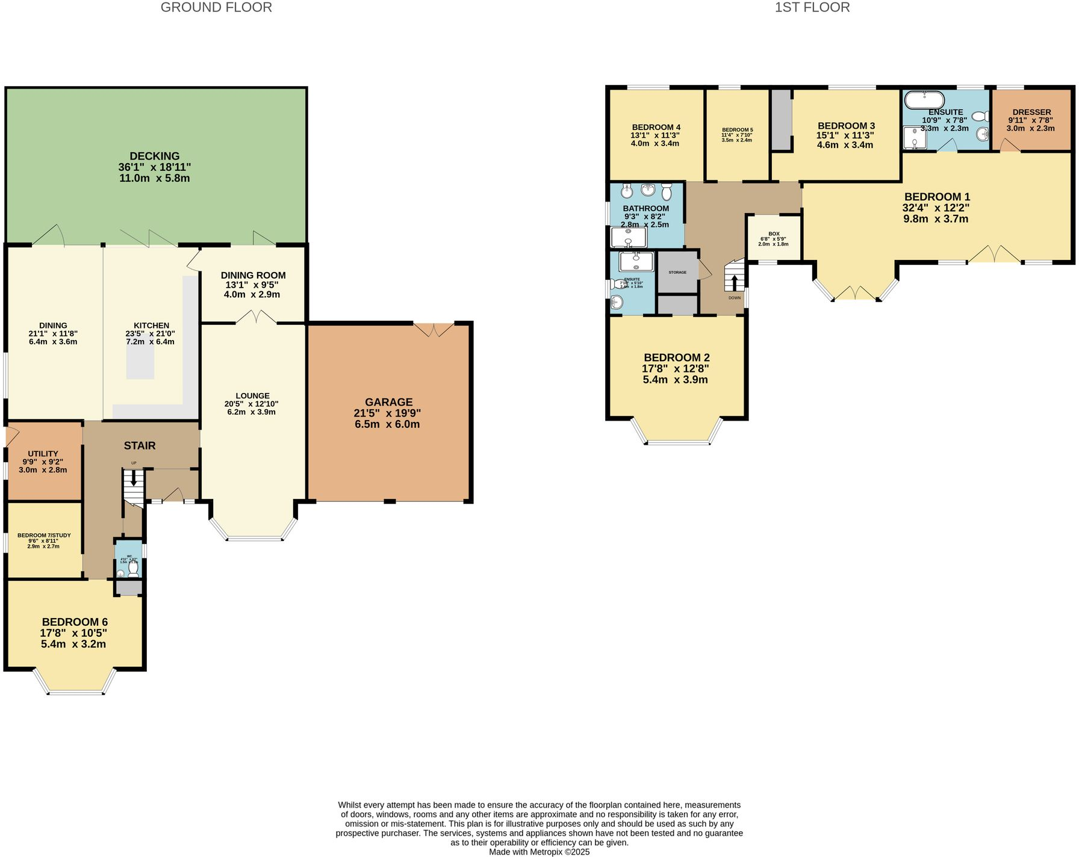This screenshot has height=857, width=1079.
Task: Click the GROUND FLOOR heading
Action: pyautogui.click(x=216, y=8)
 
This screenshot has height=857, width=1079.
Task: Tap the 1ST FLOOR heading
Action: pyautogui.click(x=812, y=8)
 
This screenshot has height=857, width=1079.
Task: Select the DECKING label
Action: pyautogui.click(x=155, y=156)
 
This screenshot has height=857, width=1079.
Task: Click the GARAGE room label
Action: pyautogui.click(x=388, y=402)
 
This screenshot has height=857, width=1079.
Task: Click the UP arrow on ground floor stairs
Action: pyautogui.click(x=133, y=479)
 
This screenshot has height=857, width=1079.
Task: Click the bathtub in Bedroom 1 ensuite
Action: pyautogui.click(x=925, y=99)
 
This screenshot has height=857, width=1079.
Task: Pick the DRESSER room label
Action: pyautogui.click(x=1031, y=112)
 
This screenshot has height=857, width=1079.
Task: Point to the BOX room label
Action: pyautogui.click(x=774, y=234)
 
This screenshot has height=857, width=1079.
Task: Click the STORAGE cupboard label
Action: pyautogui.click(x=677, y=272)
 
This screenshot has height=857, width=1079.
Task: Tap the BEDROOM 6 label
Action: pyautogui.click(x=75, y=622)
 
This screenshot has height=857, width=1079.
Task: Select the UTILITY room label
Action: pyautogui.click(x=43, y=454)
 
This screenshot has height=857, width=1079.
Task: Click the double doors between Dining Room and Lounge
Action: pyautogui.click(x=253, y=317)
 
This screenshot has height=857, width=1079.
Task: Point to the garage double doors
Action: pyautogui.click(x=434, y=330)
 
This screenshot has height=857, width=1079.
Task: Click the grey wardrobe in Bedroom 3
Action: pyautogui.click(x=782, y=120)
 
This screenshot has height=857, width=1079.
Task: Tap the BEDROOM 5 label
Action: pyautogui.click(x=738, y=130)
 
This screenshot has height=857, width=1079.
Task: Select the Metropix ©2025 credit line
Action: pyautogui.click(x=539, y=852)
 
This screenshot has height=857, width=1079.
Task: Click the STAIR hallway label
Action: pyautogui.click(x=140, y=445)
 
